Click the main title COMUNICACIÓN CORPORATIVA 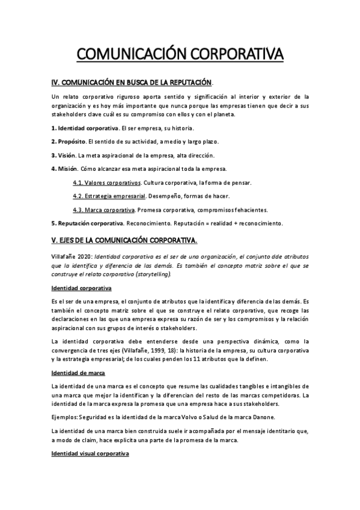180,54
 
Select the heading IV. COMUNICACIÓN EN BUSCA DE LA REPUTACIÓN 132,82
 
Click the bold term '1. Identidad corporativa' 85,129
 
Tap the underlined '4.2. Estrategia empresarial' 109,196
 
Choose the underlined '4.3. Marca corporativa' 103,210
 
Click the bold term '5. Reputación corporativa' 87,223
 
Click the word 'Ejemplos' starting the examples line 66,417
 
